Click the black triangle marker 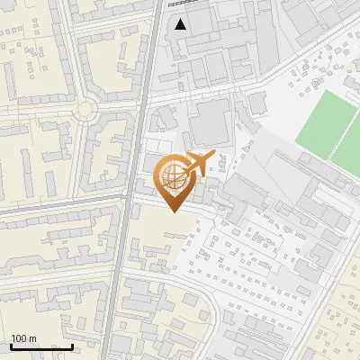181,24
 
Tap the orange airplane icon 199,165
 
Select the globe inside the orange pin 174,175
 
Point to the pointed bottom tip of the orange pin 174,211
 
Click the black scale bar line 41,346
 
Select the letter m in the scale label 32,338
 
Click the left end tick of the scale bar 11,345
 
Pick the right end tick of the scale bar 73,345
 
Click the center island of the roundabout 85,110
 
